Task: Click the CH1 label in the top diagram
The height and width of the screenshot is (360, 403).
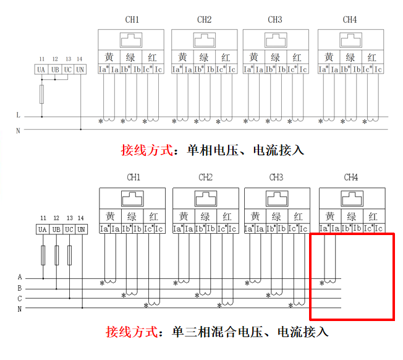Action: (x=132, y=20)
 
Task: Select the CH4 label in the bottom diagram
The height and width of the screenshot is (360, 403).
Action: (x=351, y=177)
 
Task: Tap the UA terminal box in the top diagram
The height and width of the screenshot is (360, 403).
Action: (x=41, y=69)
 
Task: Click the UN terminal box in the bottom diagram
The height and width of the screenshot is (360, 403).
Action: (x=81, y=229)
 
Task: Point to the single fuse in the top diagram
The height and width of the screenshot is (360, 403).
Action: (x=41, y=95)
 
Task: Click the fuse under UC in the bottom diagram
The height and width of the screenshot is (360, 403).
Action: (x=69, y=255)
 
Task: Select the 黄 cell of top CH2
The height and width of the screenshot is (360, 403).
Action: (x=182, y=57)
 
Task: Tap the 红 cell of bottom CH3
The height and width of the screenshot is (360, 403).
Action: (x=299, y=216)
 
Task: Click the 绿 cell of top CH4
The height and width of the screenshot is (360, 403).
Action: (x=351, y=57)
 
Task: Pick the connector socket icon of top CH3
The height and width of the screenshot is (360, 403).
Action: (x=276, y=40)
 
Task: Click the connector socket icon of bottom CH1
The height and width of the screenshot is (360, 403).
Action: (x=132, y=199)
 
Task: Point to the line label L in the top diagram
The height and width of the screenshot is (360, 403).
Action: (x=19, y=115)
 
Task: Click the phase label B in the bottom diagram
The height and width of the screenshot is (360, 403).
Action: (x=20, y=288)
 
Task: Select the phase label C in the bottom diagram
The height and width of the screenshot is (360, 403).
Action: (x=20, y=299)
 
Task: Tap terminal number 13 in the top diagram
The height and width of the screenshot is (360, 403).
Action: (x=69, y=59)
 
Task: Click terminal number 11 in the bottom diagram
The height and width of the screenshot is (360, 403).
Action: (x=43, y=218)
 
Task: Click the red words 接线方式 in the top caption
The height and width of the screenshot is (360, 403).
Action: (x=146, y=150)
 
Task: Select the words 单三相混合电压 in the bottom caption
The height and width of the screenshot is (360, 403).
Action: (x=218, y=332)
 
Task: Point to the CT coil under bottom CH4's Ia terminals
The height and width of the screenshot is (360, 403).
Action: (x=330, y=281)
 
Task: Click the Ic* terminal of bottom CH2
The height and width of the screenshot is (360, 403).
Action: (x=222, y=229)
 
